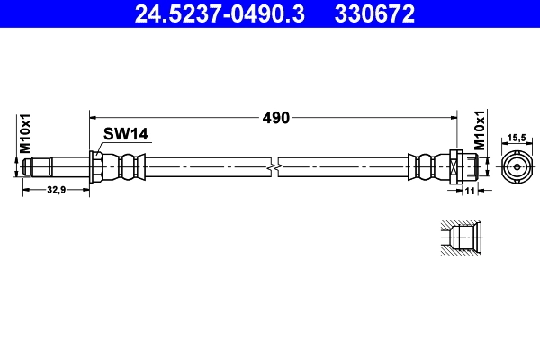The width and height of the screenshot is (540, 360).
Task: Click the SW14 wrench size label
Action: pyautogui.click(x=125, y=134)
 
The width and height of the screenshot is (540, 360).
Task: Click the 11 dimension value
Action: pyautogui.click(x=469, y=191)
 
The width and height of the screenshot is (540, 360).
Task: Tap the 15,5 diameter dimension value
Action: pyautogui.click(x=517, y=138)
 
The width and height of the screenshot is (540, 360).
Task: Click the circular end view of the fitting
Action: pyautogui.click(x=517, y=167)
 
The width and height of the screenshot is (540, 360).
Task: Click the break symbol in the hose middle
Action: pyautogui.click(x=275, y=167)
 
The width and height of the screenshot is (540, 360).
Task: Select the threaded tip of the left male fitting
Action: pyautogui.click(x=35, y=167)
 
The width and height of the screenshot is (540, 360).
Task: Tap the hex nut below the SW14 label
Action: pyautogui.click(x=95, y=167)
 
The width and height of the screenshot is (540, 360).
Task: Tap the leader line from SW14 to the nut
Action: pyautogui.click(x=101, y=148)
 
